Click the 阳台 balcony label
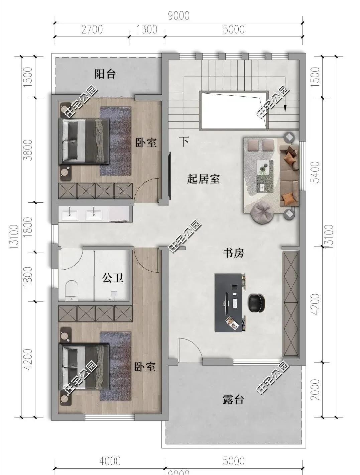(105, 74)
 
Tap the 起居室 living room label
(203, 179)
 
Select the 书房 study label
(234, 253)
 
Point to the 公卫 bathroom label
(113, 278)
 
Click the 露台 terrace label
(233, 399)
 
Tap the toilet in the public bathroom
(71, 290)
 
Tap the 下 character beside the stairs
(184, 141)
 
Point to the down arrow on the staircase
(285, 107)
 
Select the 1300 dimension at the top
(147, 29)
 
